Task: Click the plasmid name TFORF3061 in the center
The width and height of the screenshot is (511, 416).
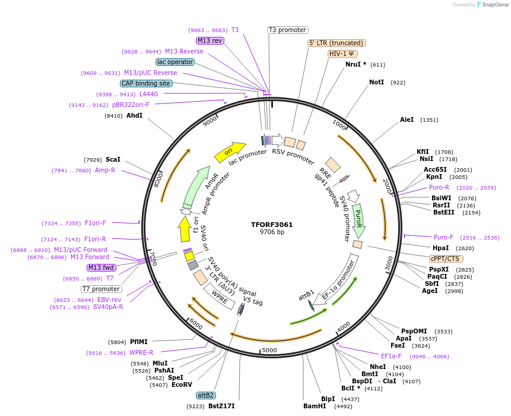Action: (x=272, y=225)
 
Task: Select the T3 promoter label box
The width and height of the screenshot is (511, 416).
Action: (x=287, y=30)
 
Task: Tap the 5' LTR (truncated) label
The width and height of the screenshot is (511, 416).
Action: (x=337, y=43)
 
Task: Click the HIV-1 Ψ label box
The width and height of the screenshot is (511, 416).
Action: (x=342, y=53)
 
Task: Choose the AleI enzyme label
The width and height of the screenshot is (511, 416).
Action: (x=407, y=119)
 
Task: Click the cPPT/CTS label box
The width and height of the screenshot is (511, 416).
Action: (x=446, y=259)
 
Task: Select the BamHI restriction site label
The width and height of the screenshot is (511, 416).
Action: (x=315, y=406)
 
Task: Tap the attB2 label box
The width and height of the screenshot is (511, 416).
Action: (x=206, y=395)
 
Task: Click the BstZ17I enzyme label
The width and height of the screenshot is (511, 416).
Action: (x=221, y=406)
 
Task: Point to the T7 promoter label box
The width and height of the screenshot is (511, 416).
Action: (x=101, y=289)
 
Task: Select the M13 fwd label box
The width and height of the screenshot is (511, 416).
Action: (x=101, y=267)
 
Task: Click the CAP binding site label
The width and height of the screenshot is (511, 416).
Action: (x=146, y=84)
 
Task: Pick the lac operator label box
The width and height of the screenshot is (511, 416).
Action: (x=175, y=62)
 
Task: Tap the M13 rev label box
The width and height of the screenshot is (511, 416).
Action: (x=210, y=40)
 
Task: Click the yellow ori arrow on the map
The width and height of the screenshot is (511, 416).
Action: (x=230, y=152)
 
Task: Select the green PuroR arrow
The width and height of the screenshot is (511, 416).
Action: (x=358, y=220)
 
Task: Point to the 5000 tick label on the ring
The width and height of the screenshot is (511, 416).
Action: (x=269, y=351)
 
